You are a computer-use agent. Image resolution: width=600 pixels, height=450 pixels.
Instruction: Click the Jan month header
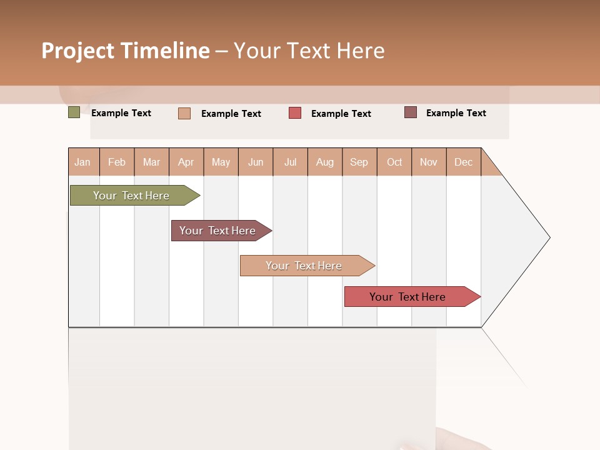(x=83, y=162)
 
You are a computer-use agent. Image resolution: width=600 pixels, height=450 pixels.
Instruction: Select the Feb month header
(x=117, y=162)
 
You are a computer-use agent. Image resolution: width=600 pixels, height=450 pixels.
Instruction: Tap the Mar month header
(x=151, y=162)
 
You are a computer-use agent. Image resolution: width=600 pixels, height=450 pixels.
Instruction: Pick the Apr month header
(x=186, y=162)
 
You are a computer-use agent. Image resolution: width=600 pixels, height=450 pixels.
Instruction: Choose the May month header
(x=221, y=162)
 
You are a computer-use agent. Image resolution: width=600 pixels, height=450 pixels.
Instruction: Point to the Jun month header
(x=256, y=162)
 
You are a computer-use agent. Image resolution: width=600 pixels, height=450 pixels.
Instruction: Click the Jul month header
(x=290, y=162)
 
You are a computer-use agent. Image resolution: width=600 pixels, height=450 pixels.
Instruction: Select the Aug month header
(x=325, y=162)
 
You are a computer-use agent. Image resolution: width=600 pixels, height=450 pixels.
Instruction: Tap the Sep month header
(x=359, y=162)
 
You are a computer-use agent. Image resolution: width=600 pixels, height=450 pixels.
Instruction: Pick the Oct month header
(x=394, y=162)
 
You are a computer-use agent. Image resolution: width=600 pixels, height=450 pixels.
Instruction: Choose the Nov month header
(x=429, y=162)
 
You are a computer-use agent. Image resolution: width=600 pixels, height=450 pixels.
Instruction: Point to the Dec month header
(x=464, y=162)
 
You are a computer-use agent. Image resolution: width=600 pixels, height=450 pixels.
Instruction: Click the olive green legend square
(x=74, y=112)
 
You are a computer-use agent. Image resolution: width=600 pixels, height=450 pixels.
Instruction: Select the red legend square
(x=295, y=113)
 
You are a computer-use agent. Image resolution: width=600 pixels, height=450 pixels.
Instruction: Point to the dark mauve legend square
(x=411, y=112)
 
